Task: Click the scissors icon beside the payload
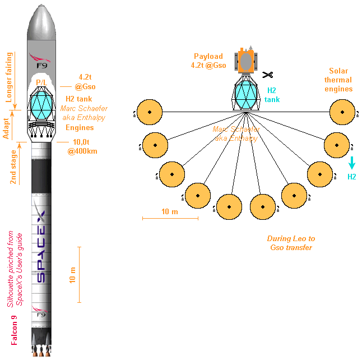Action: (x=268, y=75)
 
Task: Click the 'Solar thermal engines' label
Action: (x=338, y=80)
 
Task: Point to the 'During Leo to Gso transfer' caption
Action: (x=289, y=243)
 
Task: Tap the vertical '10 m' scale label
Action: (x=72, y=273)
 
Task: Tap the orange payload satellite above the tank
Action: (x=245, y=61)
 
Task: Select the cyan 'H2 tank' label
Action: (x=272, y=95)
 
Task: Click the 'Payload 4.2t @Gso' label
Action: (x=208, y=61)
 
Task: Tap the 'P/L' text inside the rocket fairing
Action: (x=41, y=82)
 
